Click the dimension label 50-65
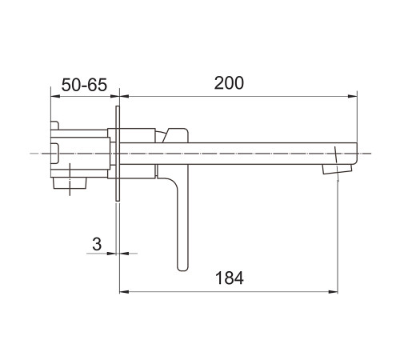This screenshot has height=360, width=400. tap(84, 85)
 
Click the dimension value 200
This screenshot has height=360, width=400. tap(229, 82)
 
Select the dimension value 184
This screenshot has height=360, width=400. tap(230, 278)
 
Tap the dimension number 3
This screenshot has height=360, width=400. tap(97, 244)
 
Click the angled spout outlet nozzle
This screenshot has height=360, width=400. tap(337, 169)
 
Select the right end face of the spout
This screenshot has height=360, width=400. tap(357, 154)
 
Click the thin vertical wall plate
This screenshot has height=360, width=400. tap(118, 154)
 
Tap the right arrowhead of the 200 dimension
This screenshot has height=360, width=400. tap(353, 97)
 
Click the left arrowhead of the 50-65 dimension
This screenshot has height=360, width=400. tap(55, 97)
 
